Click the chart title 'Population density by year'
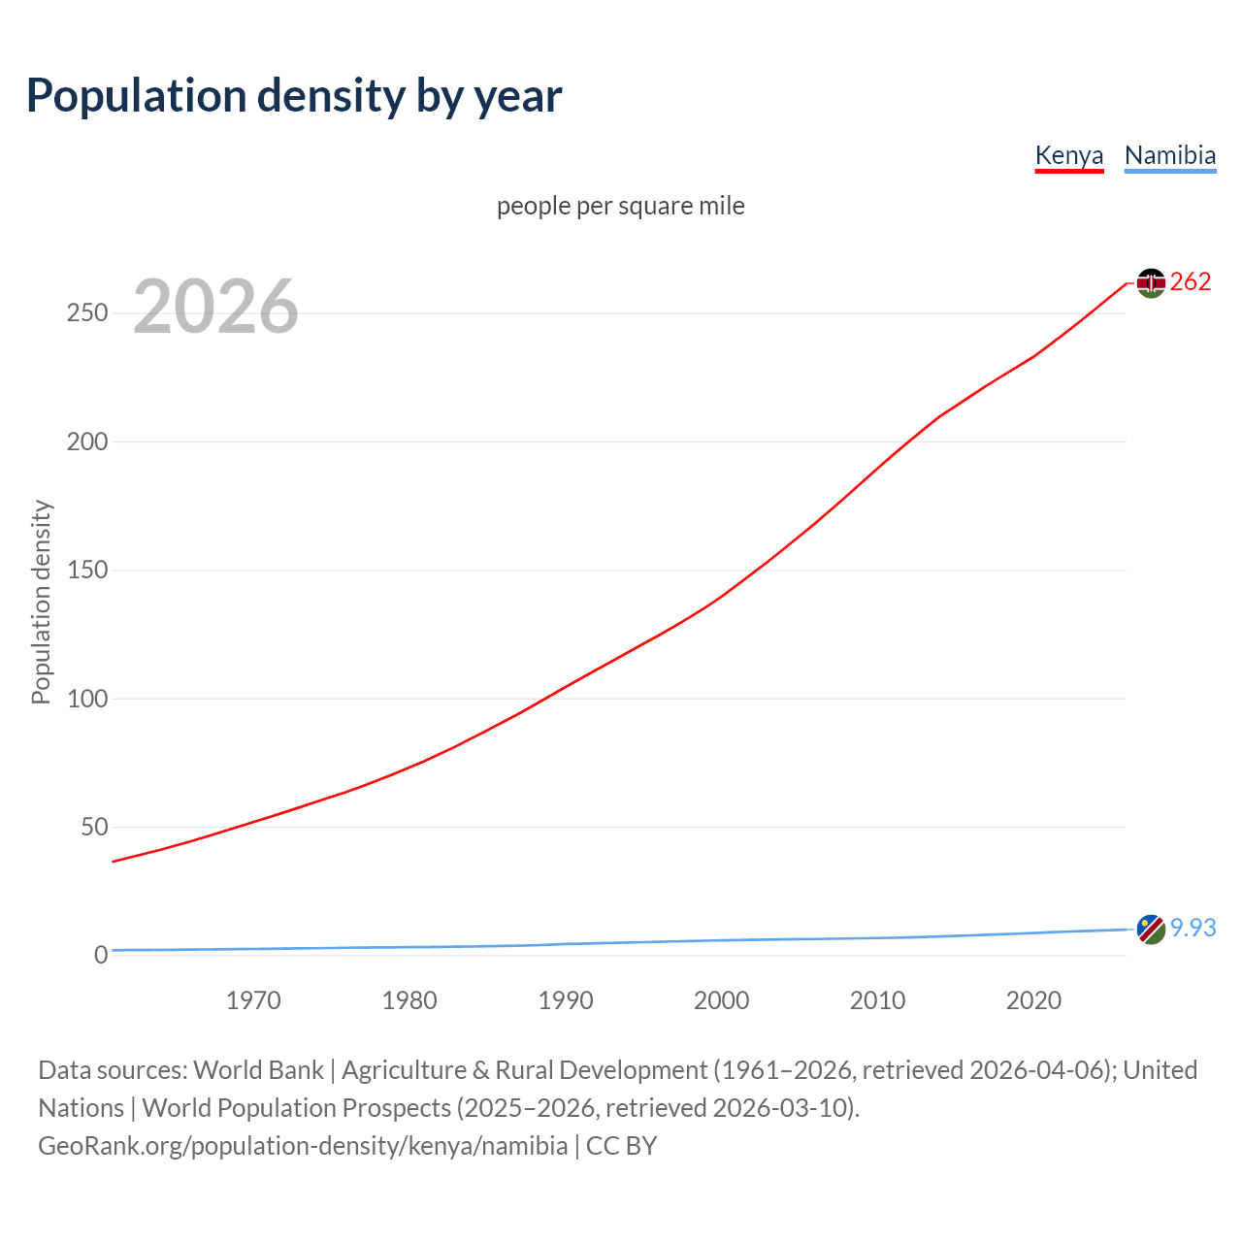pyautogui.click(x=294, y=96)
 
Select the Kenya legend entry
pyautogui.click(x=1068, y=155)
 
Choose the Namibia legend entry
pyautogui.click(x=1169, y=155)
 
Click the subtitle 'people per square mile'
pyautogui.click(x=620, y=206)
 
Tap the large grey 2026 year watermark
pyautogui.click(x=215, y=307)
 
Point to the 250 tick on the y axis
pyautogui.click(x=87, y=313)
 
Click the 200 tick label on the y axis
pyautogui.click(x=87, y=441)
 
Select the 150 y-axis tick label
pyautogui.click(x=87, y=570)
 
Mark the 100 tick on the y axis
pyautogui.click(x=87, y=699)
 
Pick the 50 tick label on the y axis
pyautogui.click(x=94, y=827)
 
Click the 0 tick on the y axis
pyautogui.click(x=101, y=955)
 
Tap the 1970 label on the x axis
pyautogui.click(x=253, y=1000)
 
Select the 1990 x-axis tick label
pyautogui.click(x=566, y=1000)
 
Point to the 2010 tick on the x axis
pyautogui.click(x=877, y=1000)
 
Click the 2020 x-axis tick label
pyautogui.click(x=1033, y=1000)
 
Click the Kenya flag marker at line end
pyautogui.click(x=1151, y=282)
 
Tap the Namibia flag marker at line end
pyautogui.click(x=1151, y=929)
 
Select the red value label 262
pyautogui.click(x=1191, y=282)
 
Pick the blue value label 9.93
pyautogui.click(x=1193, y=929)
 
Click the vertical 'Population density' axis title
pyautogui.click(x=41, y=602)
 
